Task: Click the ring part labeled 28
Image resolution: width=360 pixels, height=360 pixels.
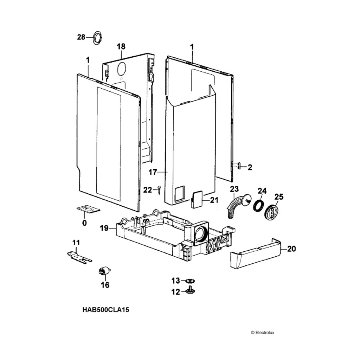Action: coord(97,37)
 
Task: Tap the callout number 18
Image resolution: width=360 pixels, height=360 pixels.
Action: coord(121,47)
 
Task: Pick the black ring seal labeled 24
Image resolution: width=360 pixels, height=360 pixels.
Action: coord(259,205)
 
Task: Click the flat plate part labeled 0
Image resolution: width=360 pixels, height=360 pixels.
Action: coord(89,210)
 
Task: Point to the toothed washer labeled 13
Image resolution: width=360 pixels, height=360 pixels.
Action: coord(190,281)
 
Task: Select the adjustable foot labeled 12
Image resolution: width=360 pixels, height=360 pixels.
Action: coord(191,290)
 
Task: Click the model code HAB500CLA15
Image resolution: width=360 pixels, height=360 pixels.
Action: coord(103,310)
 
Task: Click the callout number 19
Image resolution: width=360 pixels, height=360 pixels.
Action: coord(104,229)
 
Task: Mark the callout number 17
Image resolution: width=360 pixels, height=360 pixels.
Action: coord(153,172)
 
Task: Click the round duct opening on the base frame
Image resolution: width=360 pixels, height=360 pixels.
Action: coord(201,233)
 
